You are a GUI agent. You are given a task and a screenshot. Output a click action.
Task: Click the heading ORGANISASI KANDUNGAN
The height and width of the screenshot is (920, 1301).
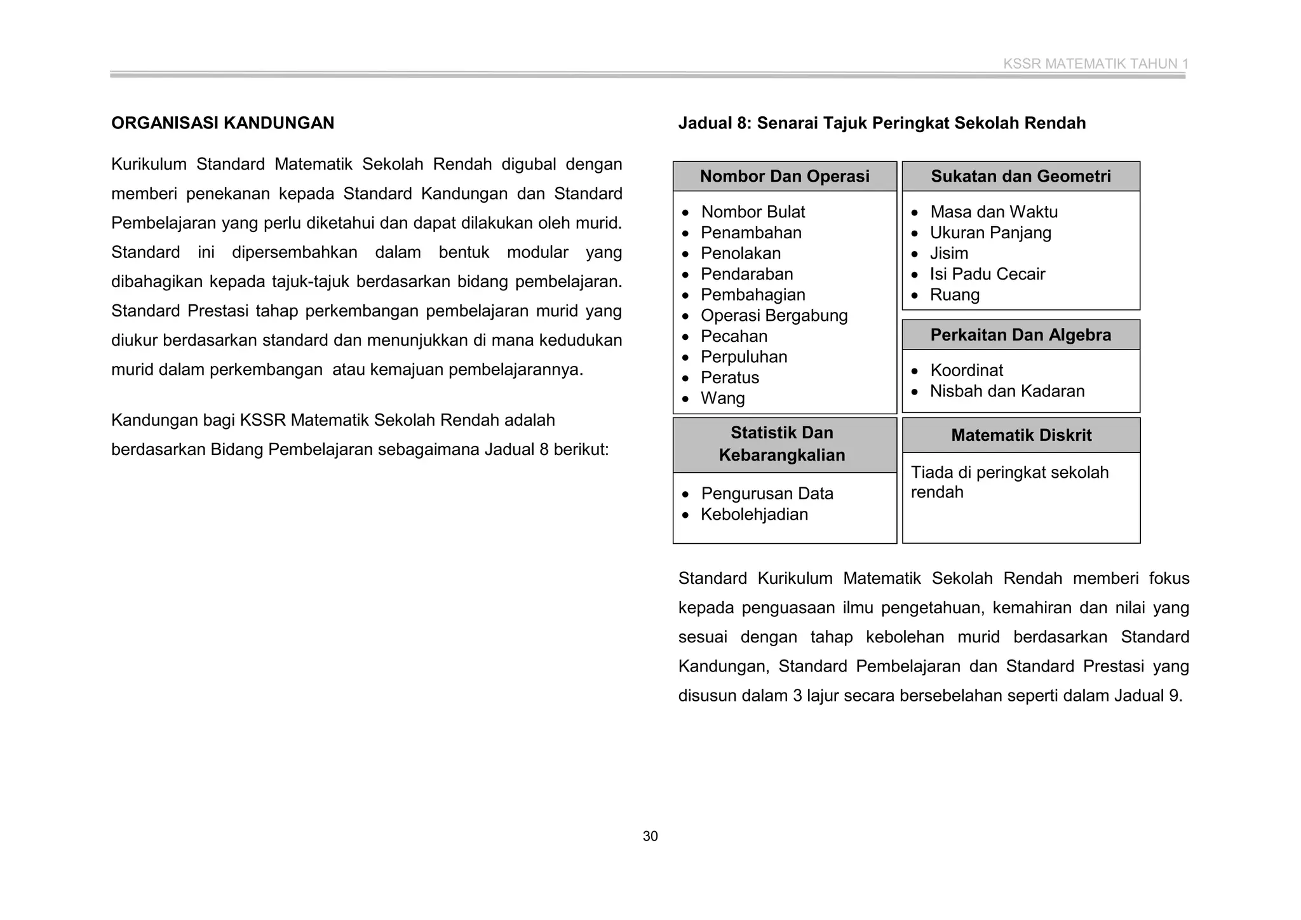click(222, 123)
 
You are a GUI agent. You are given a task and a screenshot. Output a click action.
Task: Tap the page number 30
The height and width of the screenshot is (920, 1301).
click(650, 836)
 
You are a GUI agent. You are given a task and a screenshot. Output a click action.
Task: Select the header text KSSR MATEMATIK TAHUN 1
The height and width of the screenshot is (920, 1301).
click(1095, 64)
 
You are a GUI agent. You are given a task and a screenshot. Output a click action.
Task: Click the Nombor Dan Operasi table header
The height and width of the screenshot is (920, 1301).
click(785, 177)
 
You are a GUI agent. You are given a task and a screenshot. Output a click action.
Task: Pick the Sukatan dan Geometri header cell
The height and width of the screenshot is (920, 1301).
click(1021, 177)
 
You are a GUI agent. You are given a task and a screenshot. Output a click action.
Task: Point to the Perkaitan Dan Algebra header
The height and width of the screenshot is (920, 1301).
click(1021, 335)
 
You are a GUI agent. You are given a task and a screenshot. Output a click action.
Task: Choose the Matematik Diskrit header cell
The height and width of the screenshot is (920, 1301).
click(1021, 435)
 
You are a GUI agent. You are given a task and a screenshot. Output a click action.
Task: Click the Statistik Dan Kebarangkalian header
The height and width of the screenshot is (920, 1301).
click(782, 444)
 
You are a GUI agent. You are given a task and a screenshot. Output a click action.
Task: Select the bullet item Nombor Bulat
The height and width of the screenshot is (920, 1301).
click(753, 212)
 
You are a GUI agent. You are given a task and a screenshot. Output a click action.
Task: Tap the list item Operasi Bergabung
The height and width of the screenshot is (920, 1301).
click(774, 316)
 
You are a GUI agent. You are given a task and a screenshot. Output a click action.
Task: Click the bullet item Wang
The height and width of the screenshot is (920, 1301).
click(722, 398)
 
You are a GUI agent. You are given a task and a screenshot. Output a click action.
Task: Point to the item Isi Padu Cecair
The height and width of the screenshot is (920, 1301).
click(987, 274)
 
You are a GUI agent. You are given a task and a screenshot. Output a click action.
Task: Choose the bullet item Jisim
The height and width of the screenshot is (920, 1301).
click(949, 254)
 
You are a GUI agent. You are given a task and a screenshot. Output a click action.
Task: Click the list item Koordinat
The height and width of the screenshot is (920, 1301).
click(966, 370)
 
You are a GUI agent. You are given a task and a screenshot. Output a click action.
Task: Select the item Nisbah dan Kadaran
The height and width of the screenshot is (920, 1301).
click(1007, 391)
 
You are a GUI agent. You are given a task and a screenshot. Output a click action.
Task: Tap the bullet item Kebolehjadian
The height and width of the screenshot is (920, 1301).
click(754, 515)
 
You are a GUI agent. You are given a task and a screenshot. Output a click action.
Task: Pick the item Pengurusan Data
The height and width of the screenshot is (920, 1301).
click(767, 494)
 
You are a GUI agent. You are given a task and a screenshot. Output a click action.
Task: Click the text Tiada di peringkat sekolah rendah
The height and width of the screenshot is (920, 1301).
click(1009, 482)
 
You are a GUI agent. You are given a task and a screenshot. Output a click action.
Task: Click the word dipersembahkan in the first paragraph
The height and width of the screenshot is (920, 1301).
click(294, 252)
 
